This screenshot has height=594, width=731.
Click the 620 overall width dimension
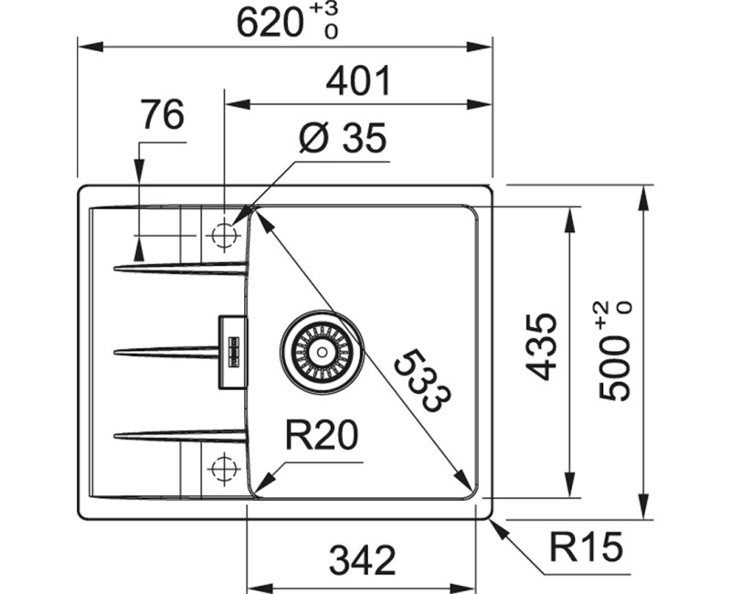(x=269, y=22)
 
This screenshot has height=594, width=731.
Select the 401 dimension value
(x=358, y=82)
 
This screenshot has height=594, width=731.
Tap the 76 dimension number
(x=162, y=116)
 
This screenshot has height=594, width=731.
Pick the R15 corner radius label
(x=587, y=548)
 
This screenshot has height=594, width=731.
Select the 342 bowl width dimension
(x=363, y=559)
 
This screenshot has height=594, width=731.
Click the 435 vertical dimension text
(x=543, y=346)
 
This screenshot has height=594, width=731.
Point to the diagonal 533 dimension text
(x=422, y=380)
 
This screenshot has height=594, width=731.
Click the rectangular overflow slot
(x=231, y=351)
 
